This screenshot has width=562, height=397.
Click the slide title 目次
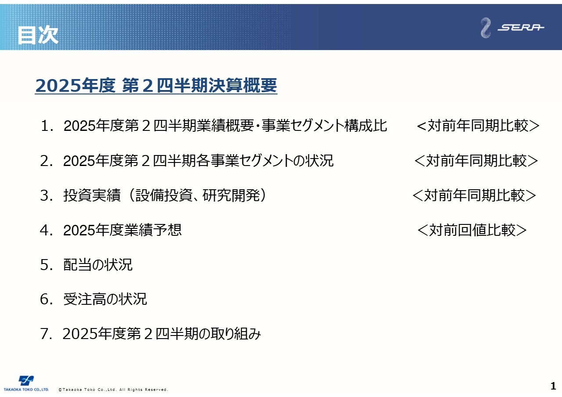click(x=38, y=36)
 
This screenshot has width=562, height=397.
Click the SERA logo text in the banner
click(x=521, y=27)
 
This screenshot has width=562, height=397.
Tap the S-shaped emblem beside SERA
click(x=486, y=28)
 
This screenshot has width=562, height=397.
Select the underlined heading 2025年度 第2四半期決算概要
click(x=156, y=86)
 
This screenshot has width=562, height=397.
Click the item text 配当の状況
click(x=98, y=265)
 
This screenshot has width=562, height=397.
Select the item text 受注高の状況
click(x=105, y=299)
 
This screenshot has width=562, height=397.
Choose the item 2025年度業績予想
click(x=122, y=230)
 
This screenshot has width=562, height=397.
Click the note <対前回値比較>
click(x=472, y=230)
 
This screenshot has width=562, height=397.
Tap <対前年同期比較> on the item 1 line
click(x=478, y=126)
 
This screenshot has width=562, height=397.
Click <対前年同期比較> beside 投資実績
click(x=474, y=195)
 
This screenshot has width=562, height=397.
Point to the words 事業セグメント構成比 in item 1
click(x=324, y=126)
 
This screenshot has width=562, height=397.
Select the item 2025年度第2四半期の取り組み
click(x=162, y=334)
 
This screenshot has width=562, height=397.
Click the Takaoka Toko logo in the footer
click(x=26, y=383)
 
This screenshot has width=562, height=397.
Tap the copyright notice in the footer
click(x=113, y=390)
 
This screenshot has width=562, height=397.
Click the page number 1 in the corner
click(x=553, y=386)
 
